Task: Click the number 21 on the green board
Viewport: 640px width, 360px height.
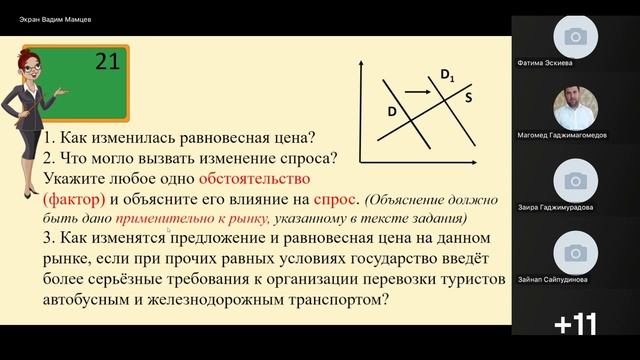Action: pyautogui.click(x=108, y=63)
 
